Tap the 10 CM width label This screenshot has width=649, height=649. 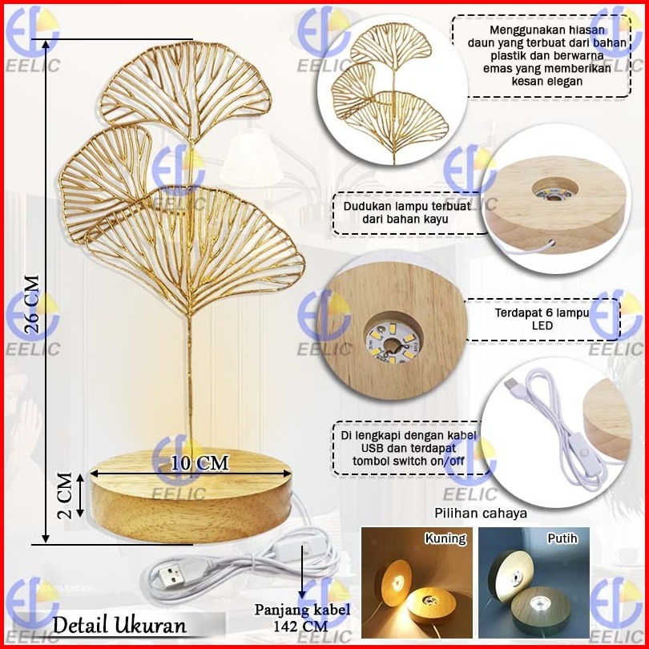[x=200, y=463]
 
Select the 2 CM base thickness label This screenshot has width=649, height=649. [x=67, y=494]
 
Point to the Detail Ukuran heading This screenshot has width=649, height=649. [x=120, y=624]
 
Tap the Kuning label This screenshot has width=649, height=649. [x=445, y=538]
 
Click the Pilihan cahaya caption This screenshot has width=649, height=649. [x=481, y=513]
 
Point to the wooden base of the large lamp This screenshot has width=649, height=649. [x=191, y=497]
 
